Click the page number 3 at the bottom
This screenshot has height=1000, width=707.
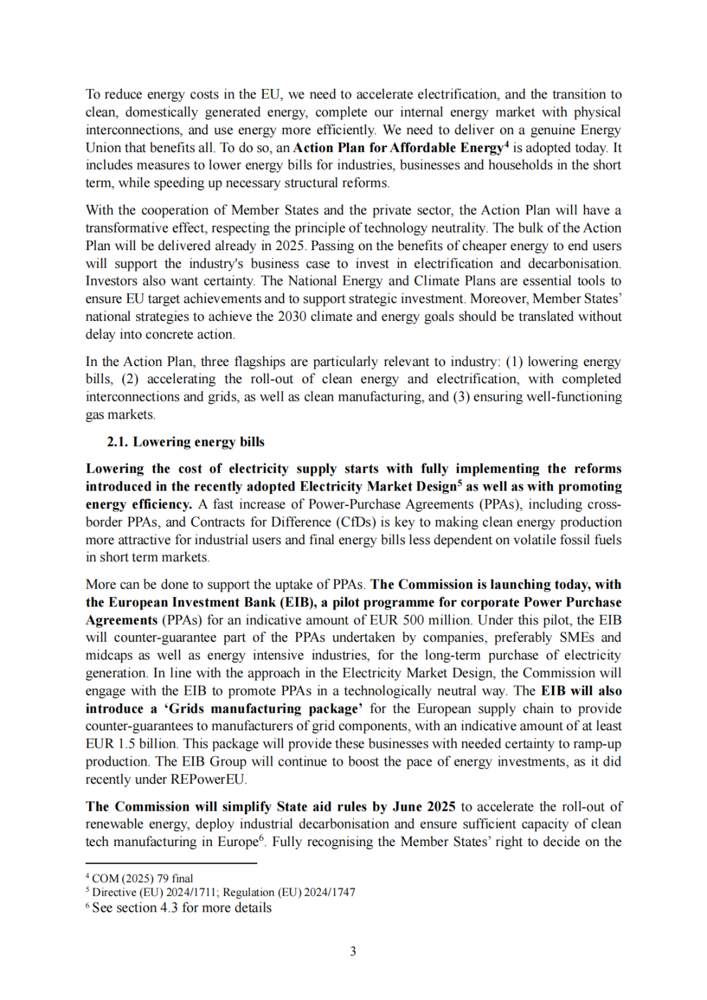[353, 951]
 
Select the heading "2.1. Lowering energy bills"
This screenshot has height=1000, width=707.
[185, 442]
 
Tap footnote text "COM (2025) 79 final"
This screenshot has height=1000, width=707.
[142, 878]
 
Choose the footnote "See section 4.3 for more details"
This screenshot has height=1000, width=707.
[181, 908]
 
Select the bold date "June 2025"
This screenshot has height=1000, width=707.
[424, 807]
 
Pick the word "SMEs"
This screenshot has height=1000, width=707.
[576, 638]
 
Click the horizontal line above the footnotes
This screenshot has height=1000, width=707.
[171, 863]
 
